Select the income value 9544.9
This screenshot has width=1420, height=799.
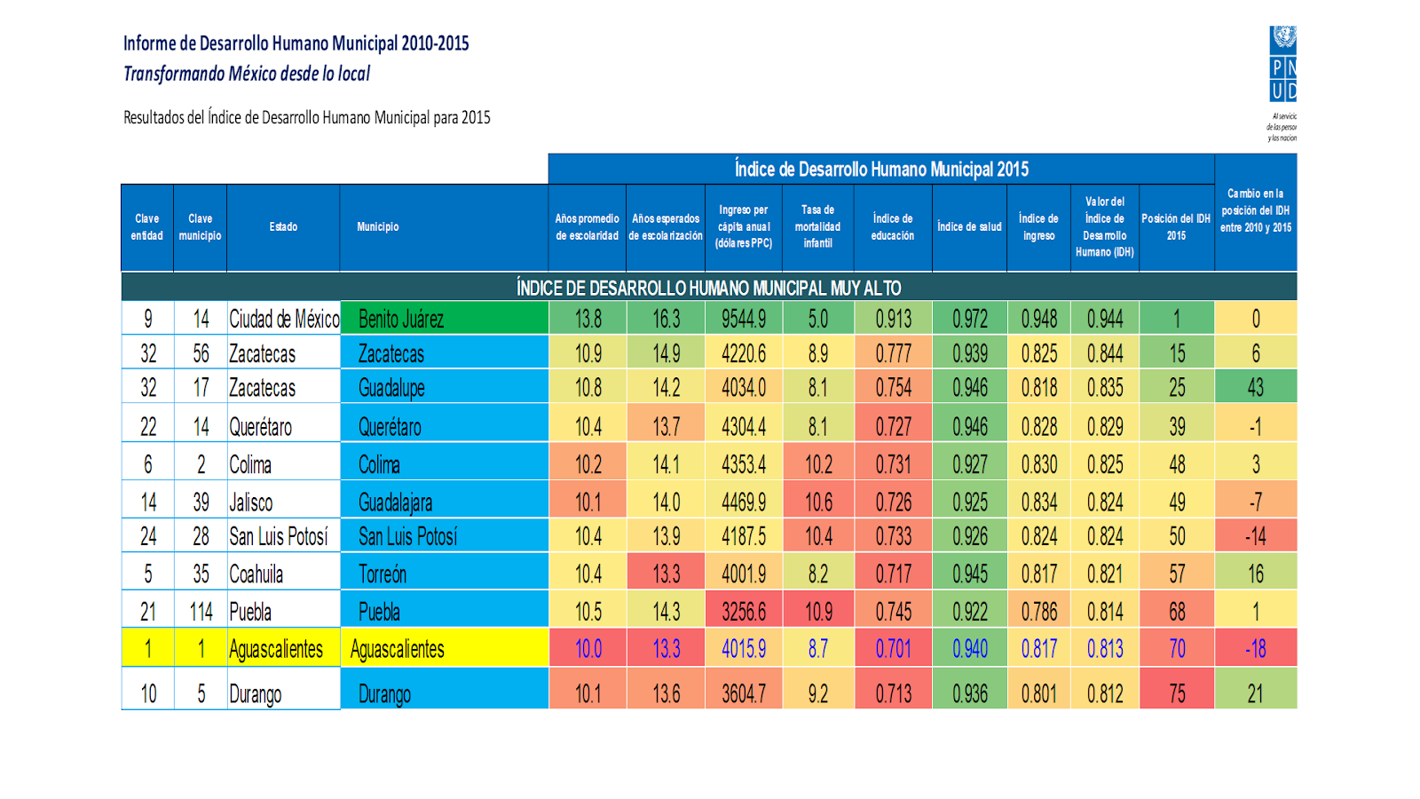coord(744,319)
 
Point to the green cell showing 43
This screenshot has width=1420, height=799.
coord(1255,387)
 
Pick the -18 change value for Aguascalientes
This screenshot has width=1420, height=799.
coord(1255,649)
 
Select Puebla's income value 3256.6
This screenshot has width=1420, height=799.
coord(744,612)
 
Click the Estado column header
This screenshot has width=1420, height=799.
coord(283,227)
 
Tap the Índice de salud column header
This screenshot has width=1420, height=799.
coord(969,227)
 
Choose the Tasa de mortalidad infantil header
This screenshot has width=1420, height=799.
coord(817,227)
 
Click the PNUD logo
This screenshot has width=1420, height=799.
coord(1282,64)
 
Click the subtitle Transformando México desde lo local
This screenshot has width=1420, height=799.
coord(247,74)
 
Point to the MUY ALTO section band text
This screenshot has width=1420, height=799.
coord(708,288)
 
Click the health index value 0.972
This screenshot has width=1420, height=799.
coord(969,319)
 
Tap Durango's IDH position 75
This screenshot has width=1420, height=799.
coord(1177,693)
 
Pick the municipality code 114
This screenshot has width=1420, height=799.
coord(201,612)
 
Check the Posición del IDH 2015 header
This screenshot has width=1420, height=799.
coord(1176,227)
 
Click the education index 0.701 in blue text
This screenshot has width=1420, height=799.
coord(893,649)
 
